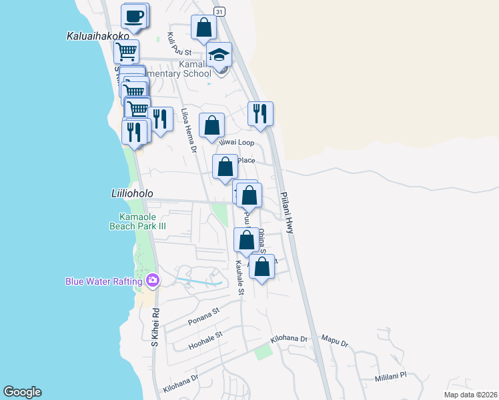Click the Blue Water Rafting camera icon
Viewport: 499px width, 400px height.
[153, 280]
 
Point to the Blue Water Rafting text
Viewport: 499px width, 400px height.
[103, 281]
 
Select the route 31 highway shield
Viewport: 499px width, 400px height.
[219, 13]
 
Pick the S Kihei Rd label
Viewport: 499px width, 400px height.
[155, 326]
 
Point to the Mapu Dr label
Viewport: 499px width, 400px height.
[336, 343]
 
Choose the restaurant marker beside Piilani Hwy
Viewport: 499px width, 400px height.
[259, 113]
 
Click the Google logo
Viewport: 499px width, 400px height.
[22, 392]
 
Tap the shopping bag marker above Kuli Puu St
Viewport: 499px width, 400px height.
[203, 28]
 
